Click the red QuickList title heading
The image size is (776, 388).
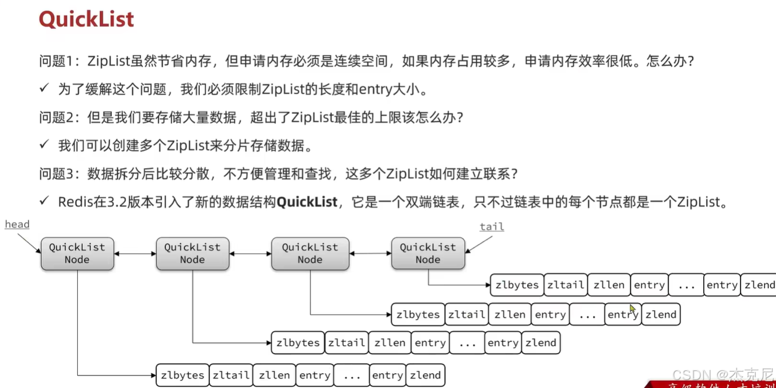point(86,19)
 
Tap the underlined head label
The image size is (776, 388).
point(17,224)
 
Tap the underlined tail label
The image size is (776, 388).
point(492,227)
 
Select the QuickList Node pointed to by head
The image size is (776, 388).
point(77,253)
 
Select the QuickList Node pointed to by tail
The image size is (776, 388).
point(428,253)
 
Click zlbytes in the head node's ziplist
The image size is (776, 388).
point(182,375)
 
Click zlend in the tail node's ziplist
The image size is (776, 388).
point(759,285)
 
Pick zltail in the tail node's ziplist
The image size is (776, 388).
point(565,285)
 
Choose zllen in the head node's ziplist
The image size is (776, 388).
point(274,375)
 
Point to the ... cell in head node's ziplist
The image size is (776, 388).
point(352,375)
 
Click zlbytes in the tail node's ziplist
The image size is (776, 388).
point(517,285)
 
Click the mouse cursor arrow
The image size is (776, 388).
point(633,309)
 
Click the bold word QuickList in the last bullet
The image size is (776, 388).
point(307,202)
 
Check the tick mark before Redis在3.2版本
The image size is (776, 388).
point(45,201)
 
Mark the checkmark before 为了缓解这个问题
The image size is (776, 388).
point(45,88)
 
